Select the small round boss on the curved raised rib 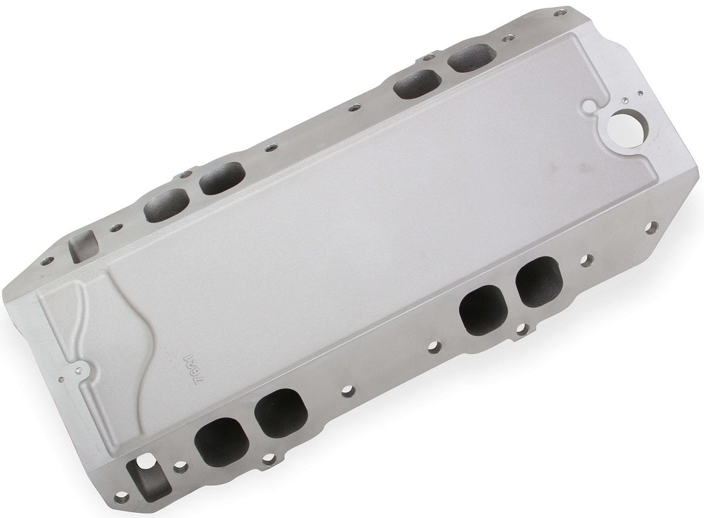point(81,369)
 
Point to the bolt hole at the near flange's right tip point(653,227)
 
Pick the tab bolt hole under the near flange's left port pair point(267,459)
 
